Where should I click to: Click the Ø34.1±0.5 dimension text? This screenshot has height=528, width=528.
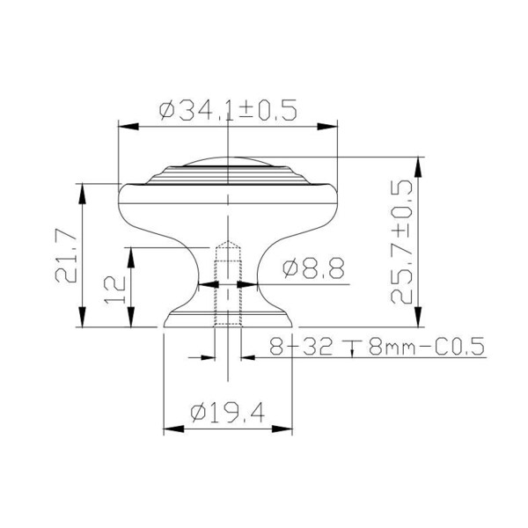(228, 110)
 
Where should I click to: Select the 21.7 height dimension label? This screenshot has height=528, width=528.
(66, 255)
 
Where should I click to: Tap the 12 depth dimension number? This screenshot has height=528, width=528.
(114, 290)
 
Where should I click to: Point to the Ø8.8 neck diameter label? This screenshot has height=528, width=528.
(313, 268)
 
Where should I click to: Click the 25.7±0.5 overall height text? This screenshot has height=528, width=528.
(401, 242)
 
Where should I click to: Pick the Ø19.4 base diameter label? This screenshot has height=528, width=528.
(228, 413)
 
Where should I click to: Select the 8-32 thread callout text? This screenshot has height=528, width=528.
(301, 346)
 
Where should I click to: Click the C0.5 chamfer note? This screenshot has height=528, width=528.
(459, 346)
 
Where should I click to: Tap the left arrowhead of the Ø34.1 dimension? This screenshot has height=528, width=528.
(128, 127)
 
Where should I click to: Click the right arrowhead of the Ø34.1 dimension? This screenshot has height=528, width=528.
(327, 127)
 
